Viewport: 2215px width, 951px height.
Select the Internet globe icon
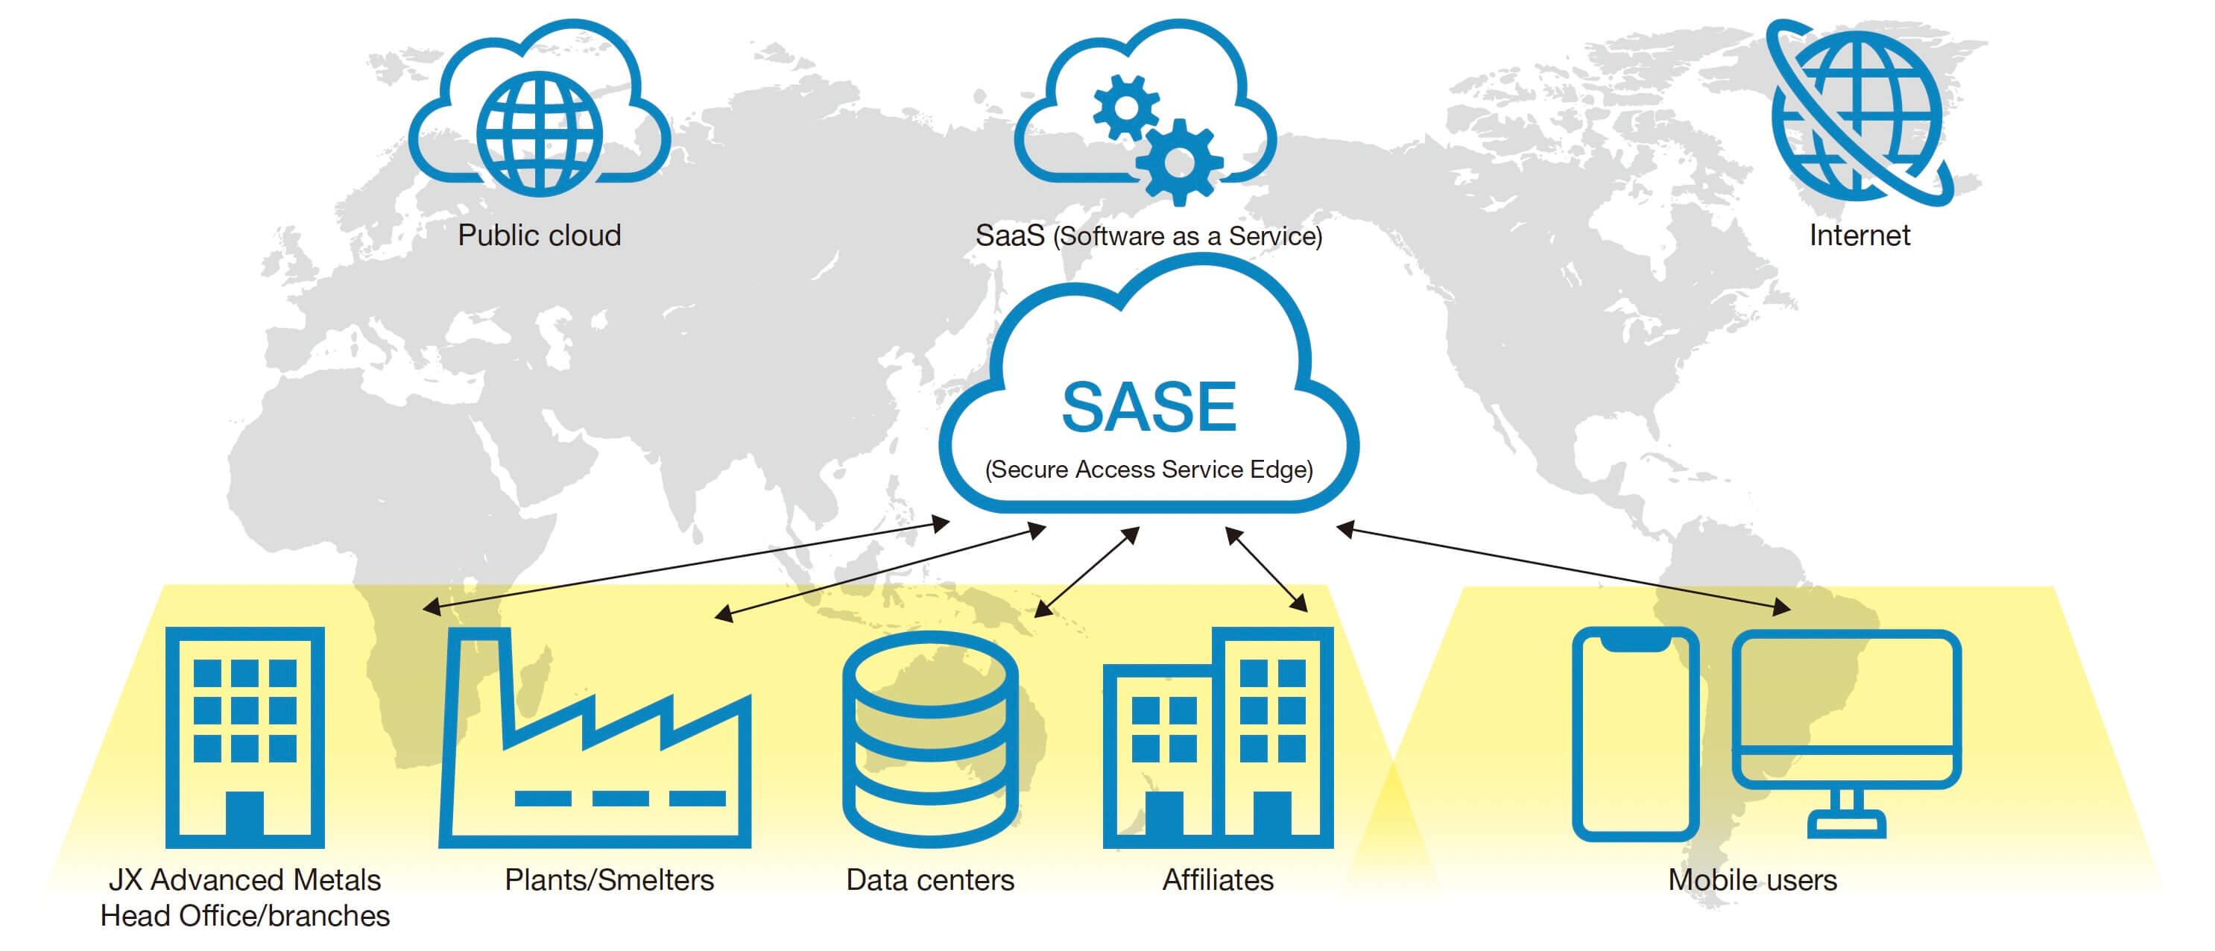point(1858,112)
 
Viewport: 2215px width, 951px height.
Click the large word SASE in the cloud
point(1148,408)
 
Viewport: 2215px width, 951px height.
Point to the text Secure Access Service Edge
point(1148,470)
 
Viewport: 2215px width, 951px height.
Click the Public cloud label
point(539,236)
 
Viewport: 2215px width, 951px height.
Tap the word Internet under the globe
point(1859,236)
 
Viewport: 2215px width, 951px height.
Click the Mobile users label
point(1752,880)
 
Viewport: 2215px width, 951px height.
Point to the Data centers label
point(929,880)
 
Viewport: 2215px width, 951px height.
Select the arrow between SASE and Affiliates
point(1266,569)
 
